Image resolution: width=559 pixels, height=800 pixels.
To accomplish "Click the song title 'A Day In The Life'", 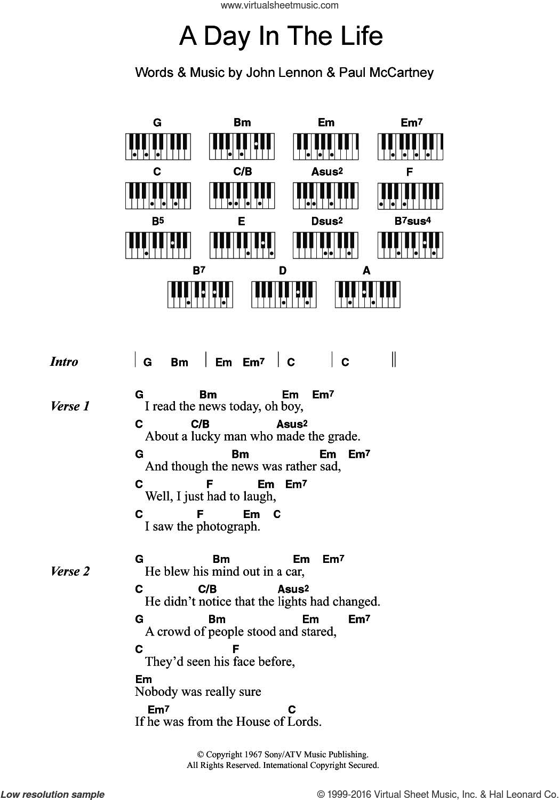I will point(281,36).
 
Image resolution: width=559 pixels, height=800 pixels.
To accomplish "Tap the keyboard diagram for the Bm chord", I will point(242,147).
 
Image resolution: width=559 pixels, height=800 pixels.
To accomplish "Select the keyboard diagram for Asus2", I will point(325,196).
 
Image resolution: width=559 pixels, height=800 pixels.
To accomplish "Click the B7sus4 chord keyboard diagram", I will point(410,245).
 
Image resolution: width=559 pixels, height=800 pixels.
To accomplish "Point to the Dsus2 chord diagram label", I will point(327,221).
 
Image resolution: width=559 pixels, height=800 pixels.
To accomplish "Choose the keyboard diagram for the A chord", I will point(368,295).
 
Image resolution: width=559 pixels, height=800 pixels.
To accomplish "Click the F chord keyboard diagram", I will point(410,196).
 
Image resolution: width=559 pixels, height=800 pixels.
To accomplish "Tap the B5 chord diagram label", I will point(157,221).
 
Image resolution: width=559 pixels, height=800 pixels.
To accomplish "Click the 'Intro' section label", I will point(64,362).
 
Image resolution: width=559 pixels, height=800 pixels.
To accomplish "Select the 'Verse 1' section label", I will point(70,406).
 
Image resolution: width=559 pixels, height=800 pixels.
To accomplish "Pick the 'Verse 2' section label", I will point(70,571).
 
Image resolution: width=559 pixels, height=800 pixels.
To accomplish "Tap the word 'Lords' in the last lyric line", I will point(306,722).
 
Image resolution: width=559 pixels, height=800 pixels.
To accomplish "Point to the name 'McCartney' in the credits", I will point(399,72).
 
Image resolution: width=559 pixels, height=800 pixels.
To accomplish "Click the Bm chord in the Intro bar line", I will point(179,363).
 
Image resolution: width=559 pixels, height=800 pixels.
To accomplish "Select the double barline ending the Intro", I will point(394,359).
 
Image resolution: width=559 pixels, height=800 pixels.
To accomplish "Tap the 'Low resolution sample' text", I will point(53,794).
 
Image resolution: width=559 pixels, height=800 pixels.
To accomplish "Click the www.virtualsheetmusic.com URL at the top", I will point(279,5).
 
